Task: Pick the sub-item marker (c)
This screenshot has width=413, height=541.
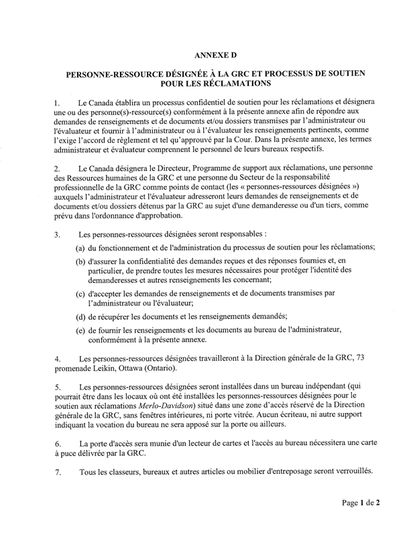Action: (80, 294)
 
